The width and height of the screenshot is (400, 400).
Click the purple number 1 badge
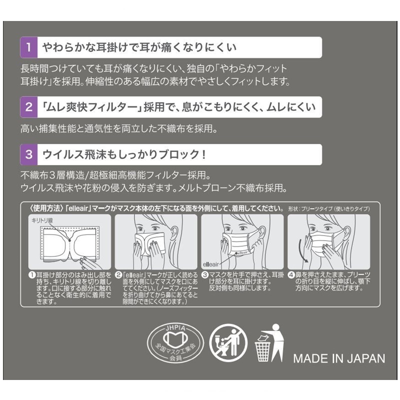pyautogui.click(x=29, y=47)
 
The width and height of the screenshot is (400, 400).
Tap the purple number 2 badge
pyautogui.click(x=29, y=107)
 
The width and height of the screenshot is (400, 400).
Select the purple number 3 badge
pyautogui.click(x=29, y=154)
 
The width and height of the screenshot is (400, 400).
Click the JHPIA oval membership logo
pyautogui.click(x=175, y=343)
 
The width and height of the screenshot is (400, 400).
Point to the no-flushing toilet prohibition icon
pyautogui.click(x=228, y=343)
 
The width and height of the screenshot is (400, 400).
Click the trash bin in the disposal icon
pyautogui.click(x=262, y=351)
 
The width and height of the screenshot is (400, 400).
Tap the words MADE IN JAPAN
pyautogui.click(x=339, y=358)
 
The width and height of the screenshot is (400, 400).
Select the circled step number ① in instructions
pyautogui.click(x=32, y=275)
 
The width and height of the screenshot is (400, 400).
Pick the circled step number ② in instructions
pyautogui.click(x=118, y=275)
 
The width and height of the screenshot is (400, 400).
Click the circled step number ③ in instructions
pyautogui.click(x=205, y=275)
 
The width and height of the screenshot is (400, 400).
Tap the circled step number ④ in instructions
pyautogui.click(x=291, y=275)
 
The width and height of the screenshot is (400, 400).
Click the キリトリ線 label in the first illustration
pyautogui.click(x=42, y=220)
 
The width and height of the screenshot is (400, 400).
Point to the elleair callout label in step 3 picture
pyautogui.click(x=210, y=264)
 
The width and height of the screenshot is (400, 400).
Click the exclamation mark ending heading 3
pyautogui.click(x=203, y=154)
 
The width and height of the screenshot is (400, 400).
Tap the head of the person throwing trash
pyautogui.click(x=276, y=327)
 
